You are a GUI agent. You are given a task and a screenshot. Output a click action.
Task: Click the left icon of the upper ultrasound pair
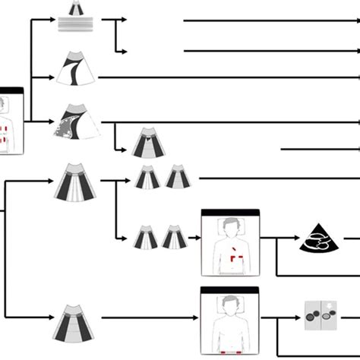click(147, 178)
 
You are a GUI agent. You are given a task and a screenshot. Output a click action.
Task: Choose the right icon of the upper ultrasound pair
click(178, 177)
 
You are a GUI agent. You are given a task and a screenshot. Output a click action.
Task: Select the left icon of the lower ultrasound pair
click(146, 237)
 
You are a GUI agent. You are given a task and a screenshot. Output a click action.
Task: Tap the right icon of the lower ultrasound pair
click(175, 236)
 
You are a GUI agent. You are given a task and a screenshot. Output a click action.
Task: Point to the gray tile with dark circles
click(319, 314)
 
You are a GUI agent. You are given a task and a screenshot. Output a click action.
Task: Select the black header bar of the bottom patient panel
click(229, 290)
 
